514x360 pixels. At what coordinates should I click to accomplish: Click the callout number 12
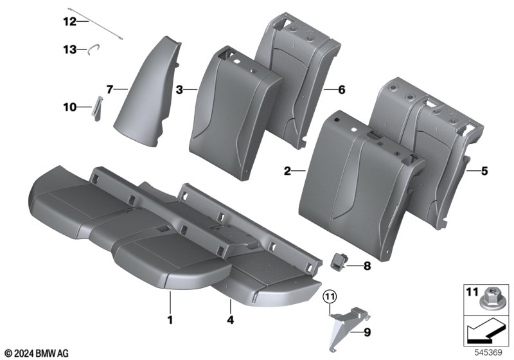tap(69, 22)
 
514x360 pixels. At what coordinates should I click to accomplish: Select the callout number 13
tap(69, 50)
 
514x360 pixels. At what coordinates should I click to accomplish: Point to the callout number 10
tap(69, 107)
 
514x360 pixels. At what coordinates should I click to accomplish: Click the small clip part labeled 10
tap(98, 108)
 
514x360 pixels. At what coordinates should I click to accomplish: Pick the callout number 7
tap(109, 89)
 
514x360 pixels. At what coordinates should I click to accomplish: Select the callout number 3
tap(179, 89)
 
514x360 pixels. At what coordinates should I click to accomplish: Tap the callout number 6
tap(342, 89)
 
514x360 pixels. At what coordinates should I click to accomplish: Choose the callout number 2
tap(287, 171)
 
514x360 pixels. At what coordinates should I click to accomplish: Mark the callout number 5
tap(484, 171)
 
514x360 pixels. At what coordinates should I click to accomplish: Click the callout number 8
tap(367, 266)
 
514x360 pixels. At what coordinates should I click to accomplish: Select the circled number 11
tap(330, 297)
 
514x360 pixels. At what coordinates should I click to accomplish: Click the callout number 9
tap(367, 333)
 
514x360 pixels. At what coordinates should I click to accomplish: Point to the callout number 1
tap(170, 319)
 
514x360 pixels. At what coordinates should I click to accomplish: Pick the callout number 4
tap(231, 319)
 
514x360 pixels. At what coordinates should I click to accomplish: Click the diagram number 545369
tap(488, 352)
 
